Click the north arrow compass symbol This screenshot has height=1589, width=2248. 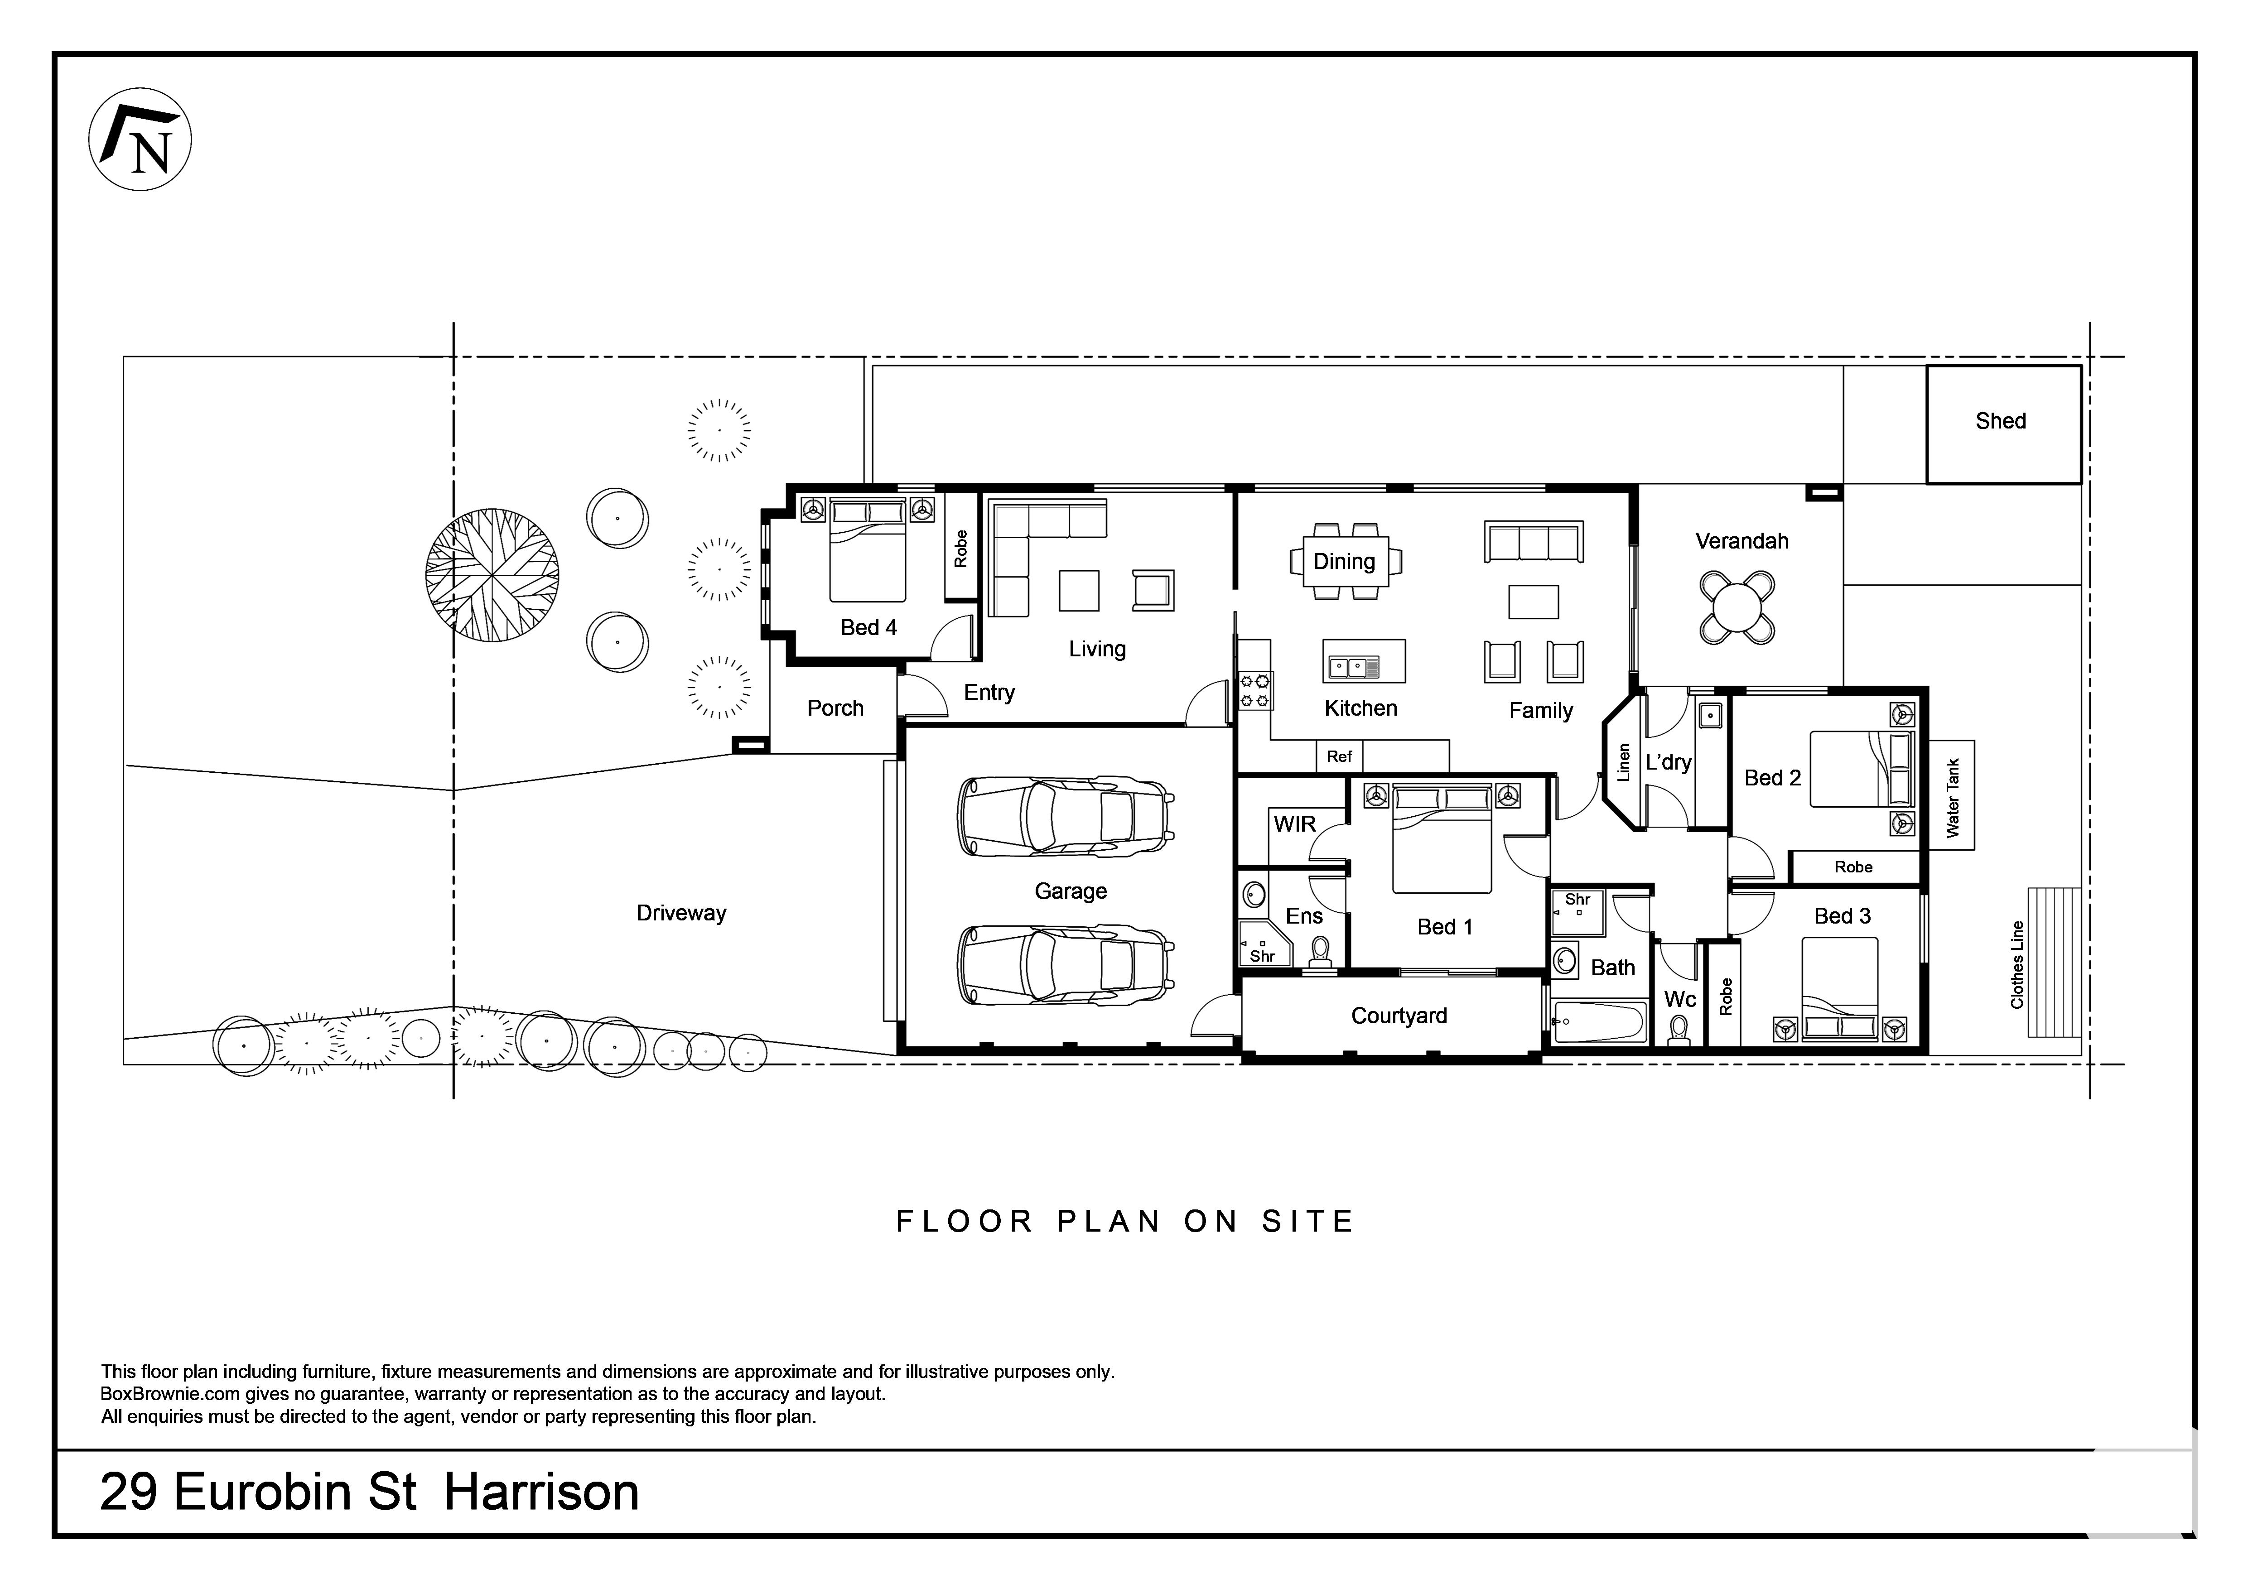click(140, 139)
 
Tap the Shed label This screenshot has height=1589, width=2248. click(2000, 421)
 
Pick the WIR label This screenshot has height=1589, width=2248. click(1294, 824)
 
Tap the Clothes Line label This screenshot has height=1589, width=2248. click(2017, 964)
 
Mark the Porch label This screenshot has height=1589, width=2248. click(835, 708)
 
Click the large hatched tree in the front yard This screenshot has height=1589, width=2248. click(492, 575)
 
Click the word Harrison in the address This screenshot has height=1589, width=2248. click(541, 1492)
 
